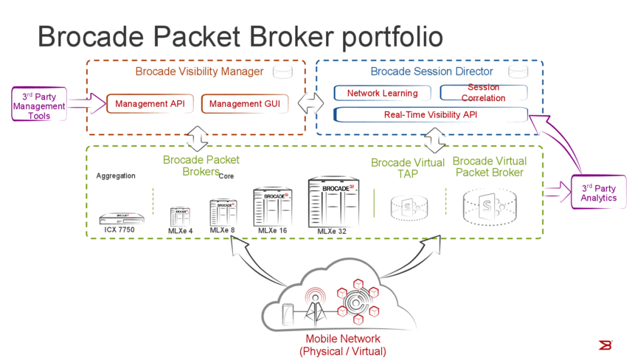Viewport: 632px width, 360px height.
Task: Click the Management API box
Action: click(x=150, y=104)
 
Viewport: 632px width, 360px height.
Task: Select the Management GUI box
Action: click(x=245, y=104)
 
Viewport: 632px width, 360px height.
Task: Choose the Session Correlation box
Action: click(x=483, y=93)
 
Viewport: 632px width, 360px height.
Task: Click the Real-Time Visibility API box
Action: click(x=431, y=115)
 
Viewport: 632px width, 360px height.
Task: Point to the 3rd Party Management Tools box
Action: click(x=39, y=106)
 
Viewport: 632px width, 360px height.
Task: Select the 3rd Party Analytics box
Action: click(x=598, y=193)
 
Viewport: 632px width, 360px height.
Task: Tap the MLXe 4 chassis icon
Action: click(x=180, y=217)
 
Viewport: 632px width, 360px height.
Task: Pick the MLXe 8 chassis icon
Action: click(x=223, y=212)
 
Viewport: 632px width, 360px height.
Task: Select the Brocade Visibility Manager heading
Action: click(x=199, y=72)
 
